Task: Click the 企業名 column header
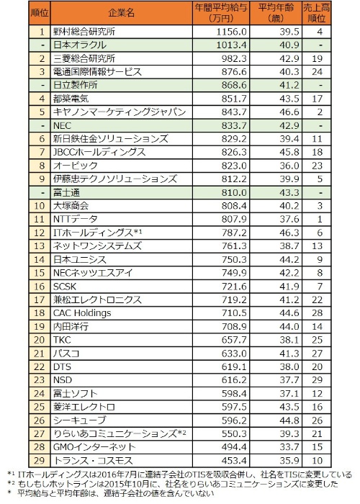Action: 121,13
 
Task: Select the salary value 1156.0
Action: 231,32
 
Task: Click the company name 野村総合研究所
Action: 84,32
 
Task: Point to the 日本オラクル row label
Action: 80,45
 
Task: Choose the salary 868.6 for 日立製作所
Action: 234,85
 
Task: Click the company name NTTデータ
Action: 75,219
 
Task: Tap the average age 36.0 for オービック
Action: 289,166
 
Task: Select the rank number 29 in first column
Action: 39,460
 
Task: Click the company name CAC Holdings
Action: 82,313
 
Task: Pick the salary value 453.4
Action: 234,460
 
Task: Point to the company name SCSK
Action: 65,286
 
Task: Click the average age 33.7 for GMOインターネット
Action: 289,447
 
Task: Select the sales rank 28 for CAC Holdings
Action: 317,313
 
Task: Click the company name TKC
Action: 62,340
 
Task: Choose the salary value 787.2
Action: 234,233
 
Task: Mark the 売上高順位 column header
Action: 317,13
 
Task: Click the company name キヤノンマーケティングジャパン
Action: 120,112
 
